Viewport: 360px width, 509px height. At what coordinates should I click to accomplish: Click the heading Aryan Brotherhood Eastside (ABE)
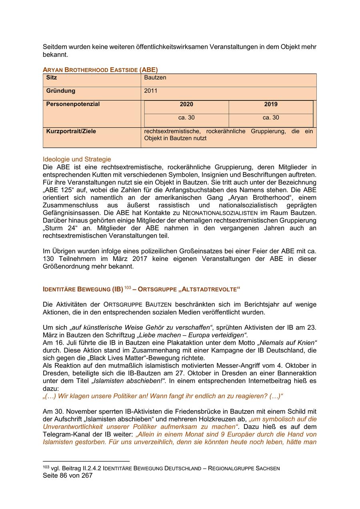coord(100,70)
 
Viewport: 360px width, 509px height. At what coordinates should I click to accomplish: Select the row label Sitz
coord(52,78)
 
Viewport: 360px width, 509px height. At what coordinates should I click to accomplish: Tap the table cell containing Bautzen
coord(155,78)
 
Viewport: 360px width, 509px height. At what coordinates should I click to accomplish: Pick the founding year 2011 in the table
coord(151,91)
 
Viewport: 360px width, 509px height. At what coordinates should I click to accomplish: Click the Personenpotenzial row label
coord(73,104)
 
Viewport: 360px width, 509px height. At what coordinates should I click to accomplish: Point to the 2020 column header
coord(186,104)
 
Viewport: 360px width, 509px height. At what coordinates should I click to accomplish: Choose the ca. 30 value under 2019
coord(271,118)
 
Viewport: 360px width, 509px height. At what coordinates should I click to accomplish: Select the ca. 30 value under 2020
coord(186,118)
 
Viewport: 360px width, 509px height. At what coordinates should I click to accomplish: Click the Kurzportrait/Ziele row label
coord(71,131)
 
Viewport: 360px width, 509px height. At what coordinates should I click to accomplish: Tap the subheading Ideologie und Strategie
coord(77,159)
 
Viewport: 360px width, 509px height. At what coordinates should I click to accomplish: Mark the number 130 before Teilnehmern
coord(48,259)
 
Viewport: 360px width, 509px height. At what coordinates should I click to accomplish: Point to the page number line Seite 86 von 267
coord(68,475)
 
